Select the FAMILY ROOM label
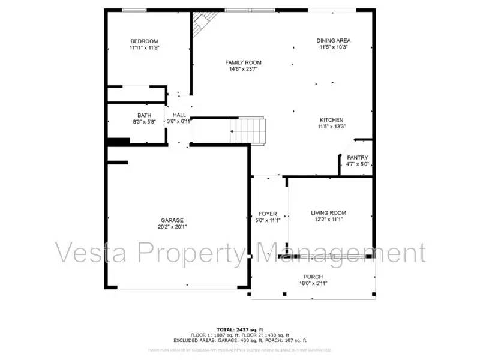pos(243,62)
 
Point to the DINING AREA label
pos(333,40)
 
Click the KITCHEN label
pos(331,119)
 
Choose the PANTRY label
pos(357,158)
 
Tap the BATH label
pos(144,115)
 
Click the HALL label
pos(179,115)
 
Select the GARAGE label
pos(172,220)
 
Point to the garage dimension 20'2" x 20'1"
pos(172,227)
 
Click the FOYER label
pos(268,214)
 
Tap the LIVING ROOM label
pos(328,213)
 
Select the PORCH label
pos(313,277)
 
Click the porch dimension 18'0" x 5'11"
pos(313,283)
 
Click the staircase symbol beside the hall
pos(248,130)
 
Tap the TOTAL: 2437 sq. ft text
pos(240,329)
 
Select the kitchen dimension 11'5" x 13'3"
pos(331,127)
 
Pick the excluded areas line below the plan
pos(240,340)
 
